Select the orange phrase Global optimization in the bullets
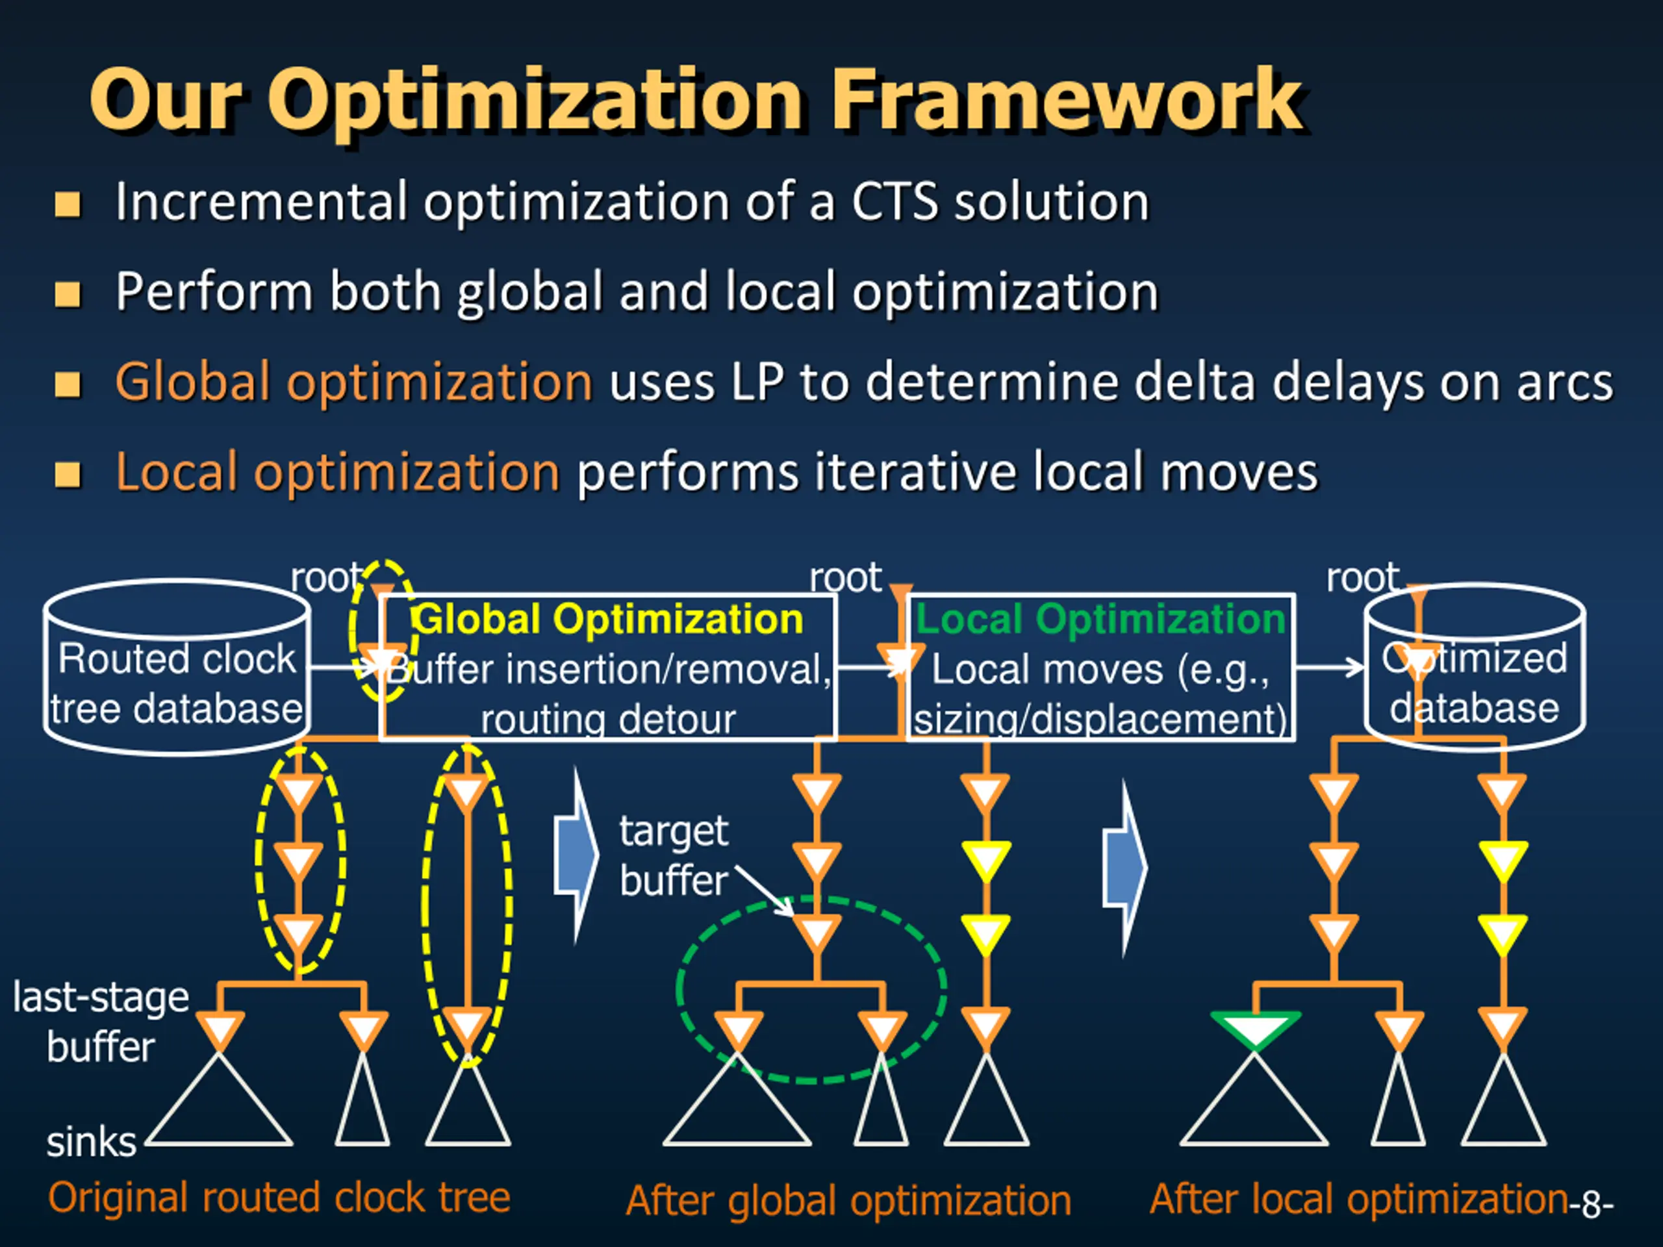click(353, 382)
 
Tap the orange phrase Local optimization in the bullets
click(336, 472)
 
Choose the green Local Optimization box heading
click(1100, 620)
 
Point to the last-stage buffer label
click(101, 1022)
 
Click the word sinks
click(91, 1142)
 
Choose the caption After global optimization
click(848, 1200)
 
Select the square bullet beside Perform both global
click(68, 294)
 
